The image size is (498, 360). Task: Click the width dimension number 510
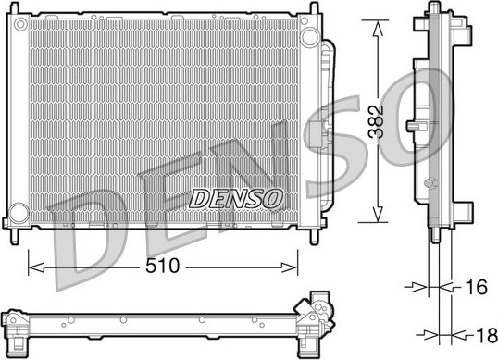(163, 267)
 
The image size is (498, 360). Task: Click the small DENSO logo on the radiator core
(236, 198)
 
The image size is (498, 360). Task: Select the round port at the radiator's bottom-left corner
(17, 215)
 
